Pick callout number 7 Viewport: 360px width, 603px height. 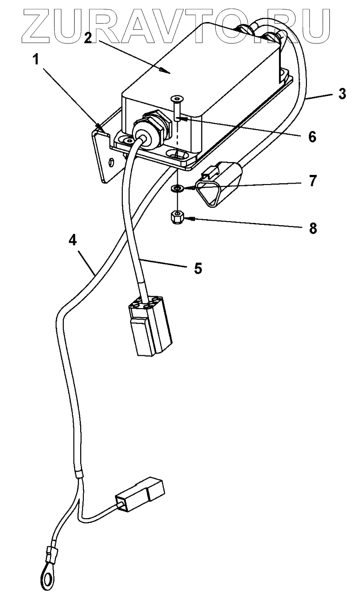(312, 181)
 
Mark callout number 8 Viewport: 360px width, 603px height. (312, 228)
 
